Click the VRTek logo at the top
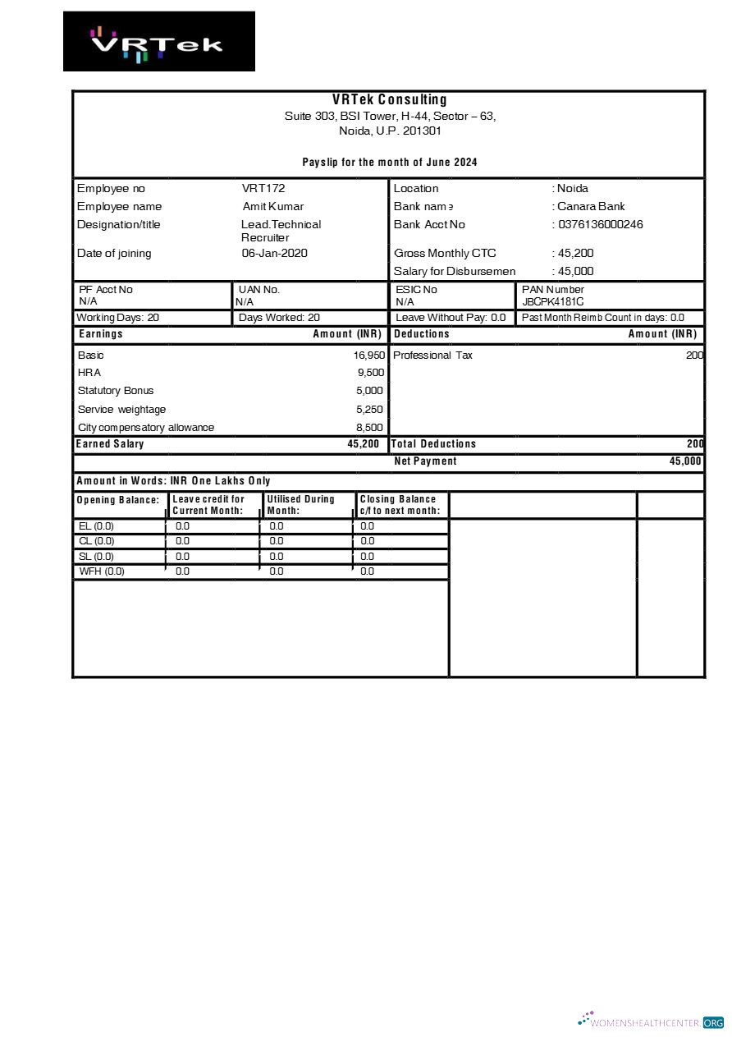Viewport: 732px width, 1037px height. (x=158, y=42)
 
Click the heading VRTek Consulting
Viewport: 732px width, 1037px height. (x=390, y=100)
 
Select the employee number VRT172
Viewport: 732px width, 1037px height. (x=263, y=189)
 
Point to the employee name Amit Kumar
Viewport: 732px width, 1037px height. (x=273, y=207)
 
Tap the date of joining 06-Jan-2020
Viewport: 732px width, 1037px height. (x=274, y=254)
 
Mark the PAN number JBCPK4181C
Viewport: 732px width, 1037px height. (x=553, y=301)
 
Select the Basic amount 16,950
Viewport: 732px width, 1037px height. (x=368, y=356)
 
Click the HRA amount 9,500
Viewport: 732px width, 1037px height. (x=371, y=373)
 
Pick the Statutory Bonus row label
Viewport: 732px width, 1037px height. (x=116, y=391)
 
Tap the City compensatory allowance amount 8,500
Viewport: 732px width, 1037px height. (x=369, y=428)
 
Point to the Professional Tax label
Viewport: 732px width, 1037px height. (x=432, y=356)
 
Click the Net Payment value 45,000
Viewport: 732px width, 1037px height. (x=685, y=461)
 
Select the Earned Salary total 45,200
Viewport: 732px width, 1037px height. (x=363, y=444)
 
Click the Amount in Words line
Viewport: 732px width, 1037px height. (x=173, y=481)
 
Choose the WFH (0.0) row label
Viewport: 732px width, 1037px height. (x=102, y=571)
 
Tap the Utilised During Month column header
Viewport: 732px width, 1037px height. (x=300, y=505)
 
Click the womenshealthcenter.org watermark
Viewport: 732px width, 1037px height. (x=651, y=1022)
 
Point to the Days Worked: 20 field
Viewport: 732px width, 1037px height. (x=279, y=318)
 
